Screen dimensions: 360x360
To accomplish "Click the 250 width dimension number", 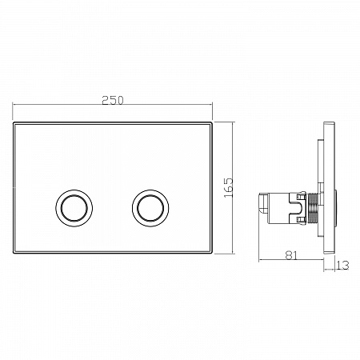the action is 113,100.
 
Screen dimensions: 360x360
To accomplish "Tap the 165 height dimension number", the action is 229,188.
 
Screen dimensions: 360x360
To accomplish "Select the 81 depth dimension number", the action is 291,255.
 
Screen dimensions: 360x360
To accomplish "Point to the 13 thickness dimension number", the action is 342,266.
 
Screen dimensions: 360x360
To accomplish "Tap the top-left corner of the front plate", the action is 14,122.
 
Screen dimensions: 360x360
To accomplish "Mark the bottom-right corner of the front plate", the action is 213,253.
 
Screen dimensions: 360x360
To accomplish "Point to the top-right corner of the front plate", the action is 213,122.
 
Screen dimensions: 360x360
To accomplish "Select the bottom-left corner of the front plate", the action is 14,253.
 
